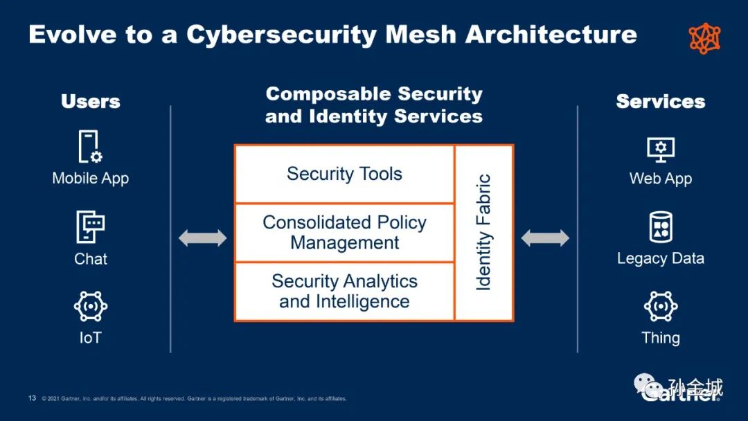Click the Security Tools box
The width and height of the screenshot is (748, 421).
pyautogui.click(x=344, y=174)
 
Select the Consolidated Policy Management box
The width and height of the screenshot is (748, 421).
pyautogui.click(x=344, y=233)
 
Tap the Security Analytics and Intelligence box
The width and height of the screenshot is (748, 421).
pyautogui.click(x=344, y=292)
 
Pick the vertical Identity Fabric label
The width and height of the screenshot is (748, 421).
pyautogui.click(x=483, y=233)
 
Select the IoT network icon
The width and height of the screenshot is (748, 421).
pyautogui.click(x=90, y=307)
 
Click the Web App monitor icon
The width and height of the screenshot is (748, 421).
pyautogui.click(x=660, y=149)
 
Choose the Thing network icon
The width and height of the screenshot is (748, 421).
pyautogui.click(x=660, y=307)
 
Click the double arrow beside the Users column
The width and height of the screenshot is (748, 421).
pyautogui.click(x=202, y=238)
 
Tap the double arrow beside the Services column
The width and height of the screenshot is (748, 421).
pyautogui.click(x=545, y=238)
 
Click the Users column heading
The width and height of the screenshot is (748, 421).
pyautogui.click(x=90, y=102)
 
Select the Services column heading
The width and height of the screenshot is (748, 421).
pyautogui.click(x=660, y=102)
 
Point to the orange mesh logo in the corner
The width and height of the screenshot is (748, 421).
pyautogui.click(x=704, y=38)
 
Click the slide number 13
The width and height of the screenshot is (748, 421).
pyautogui.click(x=32, y=398)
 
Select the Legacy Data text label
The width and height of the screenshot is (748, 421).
pyautogui.click(x=660, y=259)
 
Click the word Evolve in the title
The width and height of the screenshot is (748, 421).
pyautogui.click(x=69, y=34)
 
